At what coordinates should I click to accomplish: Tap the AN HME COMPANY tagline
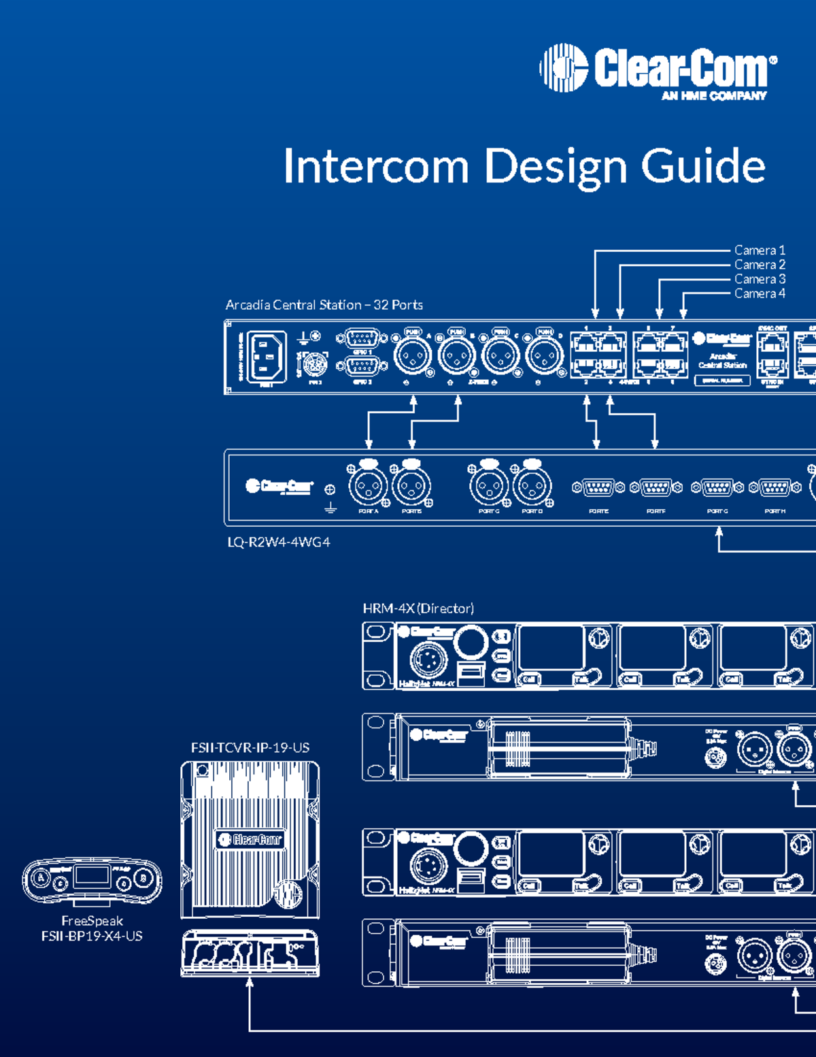point(714,96)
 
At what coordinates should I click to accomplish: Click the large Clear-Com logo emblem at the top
point(564,67)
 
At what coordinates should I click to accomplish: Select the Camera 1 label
point(760,250)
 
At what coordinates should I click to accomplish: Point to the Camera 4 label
point(760,293)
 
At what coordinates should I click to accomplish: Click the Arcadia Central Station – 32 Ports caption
point(324,305)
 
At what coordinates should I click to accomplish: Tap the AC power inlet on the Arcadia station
point(266,356)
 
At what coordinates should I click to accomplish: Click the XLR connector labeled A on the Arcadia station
point(412,355)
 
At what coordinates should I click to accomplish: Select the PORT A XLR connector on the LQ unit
point(368,486)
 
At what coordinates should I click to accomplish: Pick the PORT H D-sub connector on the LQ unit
point(775,487)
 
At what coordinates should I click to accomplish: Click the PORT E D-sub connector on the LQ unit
point(598,487)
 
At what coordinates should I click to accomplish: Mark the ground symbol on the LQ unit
point(330,508)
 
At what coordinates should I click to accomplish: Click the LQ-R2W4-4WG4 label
point(279,542)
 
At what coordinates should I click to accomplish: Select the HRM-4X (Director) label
point(418,608)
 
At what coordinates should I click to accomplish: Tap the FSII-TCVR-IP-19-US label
point(250,747)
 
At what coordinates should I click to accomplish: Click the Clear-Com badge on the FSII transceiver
point(250,840)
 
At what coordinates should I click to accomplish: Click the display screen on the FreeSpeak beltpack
point(92,875)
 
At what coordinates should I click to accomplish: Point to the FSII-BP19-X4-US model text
point(92,936)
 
